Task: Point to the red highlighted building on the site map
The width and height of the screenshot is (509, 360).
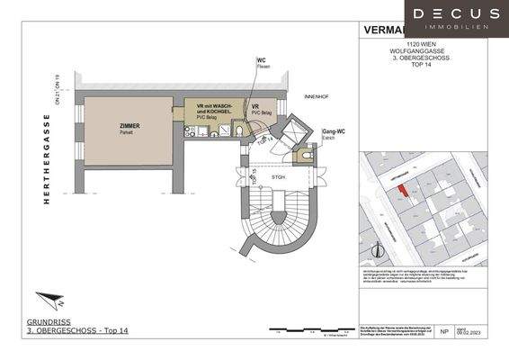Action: (402, 188)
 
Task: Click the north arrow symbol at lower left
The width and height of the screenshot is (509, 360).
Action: (50, 300)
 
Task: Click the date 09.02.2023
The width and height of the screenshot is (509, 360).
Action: (473, 335)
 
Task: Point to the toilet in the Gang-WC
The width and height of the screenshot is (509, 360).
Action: (307, 155)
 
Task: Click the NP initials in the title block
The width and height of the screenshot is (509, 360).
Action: (444, 332)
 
